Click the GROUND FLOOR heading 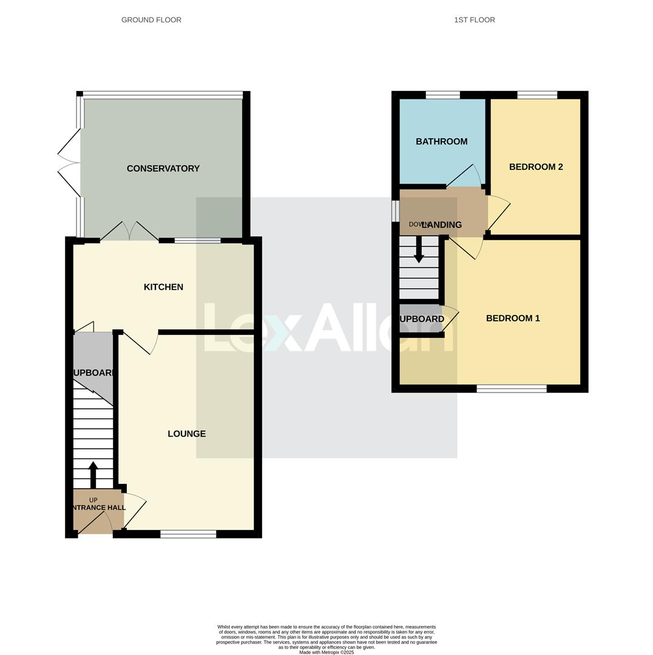[151, 20]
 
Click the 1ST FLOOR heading [474, 20]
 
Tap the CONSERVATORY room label [163, 169]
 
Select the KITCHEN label [163, 287]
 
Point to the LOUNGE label [186, 434]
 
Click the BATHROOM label [441, 141]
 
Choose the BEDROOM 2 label [535, 167]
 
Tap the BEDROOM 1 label [512, 318]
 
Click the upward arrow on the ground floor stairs [93, 474]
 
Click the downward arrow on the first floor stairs [419, 249]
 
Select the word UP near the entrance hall [93, 500]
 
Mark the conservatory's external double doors [69, 163]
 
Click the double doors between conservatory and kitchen [129, 232]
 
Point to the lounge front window [188, 534]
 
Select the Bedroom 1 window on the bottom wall [511, 389]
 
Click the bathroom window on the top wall [442, 95]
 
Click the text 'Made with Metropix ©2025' [326, 653]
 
